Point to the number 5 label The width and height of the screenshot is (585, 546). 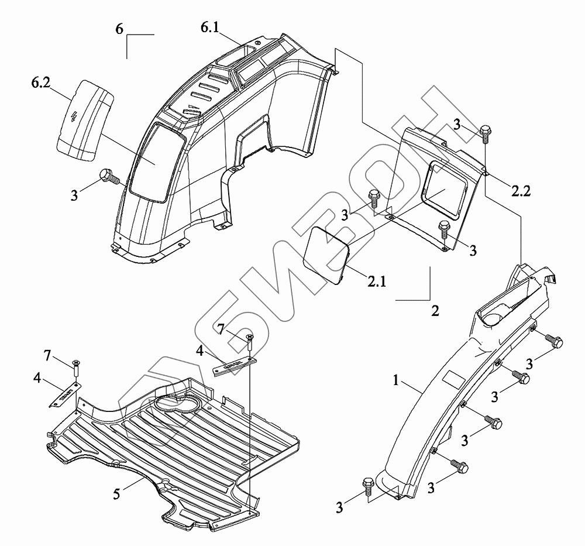click(117, 494)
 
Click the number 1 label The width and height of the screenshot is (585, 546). click(396, 381)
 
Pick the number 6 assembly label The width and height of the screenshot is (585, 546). click(119, 29)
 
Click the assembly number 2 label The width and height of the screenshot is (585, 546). click(435, 311)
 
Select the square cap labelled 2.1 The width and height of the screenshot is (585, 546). click(328, 256)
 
